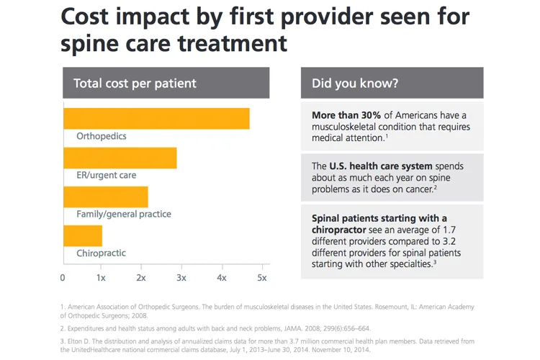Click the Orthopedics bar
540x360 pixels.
pos(157,119)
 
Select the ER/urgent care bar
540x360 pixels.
pos(120,158)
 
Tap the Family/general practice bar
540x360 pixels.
pos(106,197)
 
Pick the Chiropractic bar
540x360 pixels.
pos(83,236)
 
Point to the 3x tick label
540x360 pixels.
pos(181,278)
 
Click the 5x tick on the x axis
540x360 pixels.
pos(262,267)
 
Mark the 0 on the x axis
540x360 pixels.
pos(63,278)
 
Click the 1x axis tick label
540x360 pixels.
pos(101,278)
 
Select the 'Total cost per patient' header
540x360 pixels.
pos(135,84)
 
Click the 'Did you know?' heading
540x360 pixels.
pos(355,84)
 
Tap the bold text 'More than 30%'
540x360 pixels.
pos(346,115)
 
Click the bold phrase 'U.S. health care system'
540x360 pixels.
pos(381,166)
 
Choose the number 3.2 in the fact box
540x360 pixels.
pos(449,241)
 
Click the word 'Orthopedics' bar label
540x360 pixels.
pos(102,136)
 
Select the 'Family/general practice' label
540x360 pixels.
pos(124,215)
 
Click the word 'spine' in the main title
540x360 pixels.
pos(89,44)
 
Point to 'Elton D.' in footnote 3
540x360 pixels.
pos(79,341)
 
